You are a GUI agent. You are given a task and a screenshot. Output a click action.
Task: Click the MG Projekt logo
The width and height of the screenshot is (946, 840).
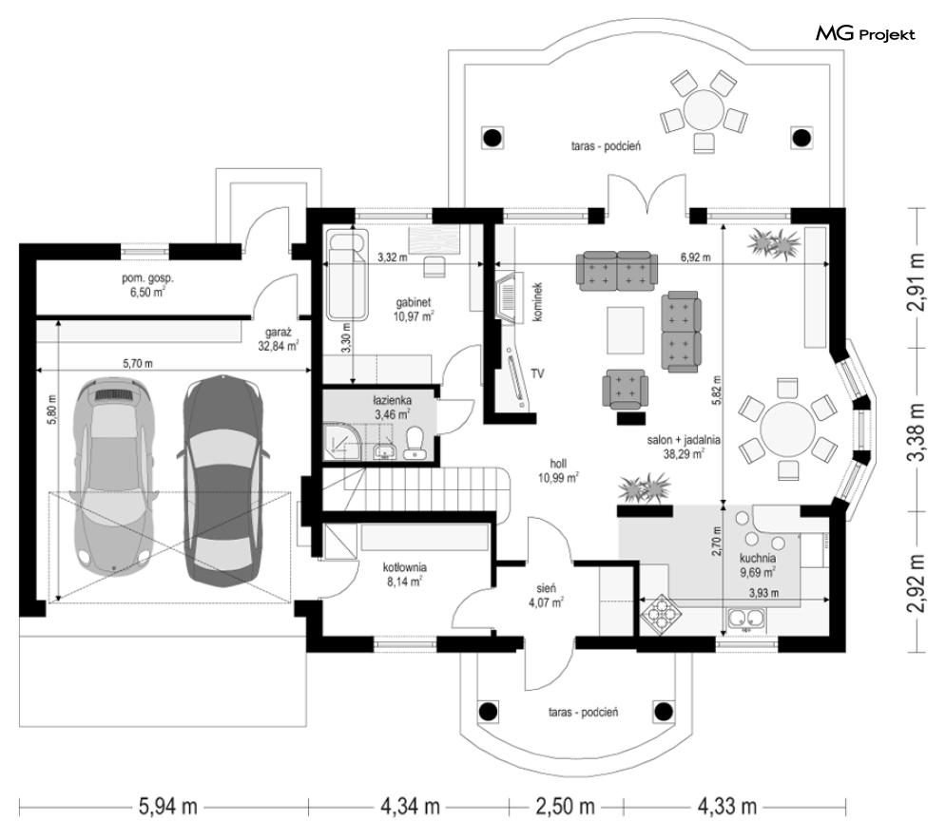(x=865, y=34)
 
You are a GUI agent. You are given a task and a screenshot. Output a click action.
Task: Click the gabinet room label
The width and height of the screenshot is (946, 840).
(x=414, y=309)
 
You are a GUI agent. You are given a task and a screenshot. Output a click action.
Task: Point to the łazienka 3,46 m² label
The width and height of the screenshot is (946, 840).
(x=392, y=407)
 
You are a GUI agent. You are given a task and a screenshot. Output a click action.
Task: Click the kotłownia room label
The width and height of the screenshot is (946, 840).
(x=405, y=574)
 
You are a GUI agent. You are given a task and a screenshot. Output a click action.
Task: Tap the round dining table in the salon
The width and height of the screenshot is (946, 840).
(x=787, y=430)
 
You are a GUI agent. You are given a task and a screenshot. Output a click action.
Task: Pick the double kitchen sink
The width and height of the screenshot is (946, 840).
(x=746, y=619)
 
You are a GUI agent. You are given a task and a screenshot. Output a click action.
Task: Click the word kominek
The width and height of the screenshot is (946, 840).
(x=538, y=300)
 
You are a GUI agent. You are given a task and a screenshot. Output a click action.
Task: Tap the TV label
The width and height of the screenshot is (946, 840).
(x=537, y=373)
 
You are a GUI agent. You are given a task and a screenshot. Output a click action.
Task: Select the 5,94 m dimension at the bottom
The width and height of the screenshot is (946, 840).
(x=167, y=806)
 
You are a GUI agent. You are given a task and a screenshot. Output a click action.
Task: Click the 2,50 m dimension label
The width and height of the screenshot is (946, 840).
(x=566, y=806)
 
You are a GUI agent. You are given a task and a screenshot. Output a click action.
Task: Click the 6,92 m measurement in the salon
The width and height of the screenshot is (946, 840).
(x=696, y=258)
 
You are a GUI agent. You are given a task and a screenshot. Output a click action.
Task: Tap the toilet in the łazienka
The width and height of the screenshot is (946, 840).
(x=415, y=443)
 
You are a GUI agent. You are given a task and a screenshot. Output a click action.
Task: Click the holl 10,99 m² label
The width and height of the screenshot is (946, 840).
(x=558, y=470)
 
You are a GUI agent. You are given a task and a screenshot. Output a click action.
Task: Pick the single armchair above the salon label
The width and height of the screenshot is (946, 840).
(x=625, y=387)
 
